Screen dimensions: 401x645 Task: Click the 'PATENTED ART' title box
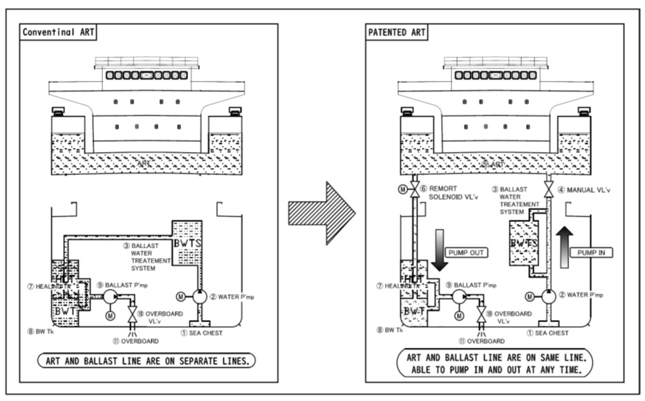point(397,32)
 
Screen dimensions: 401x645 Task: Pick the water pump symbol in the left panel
point(199,297)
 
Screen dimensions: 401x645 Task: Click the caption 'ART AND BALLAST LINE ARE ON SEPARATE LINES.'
point(146,360)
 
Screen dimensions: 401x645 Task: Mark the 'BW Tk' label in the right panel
point(390,330)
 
